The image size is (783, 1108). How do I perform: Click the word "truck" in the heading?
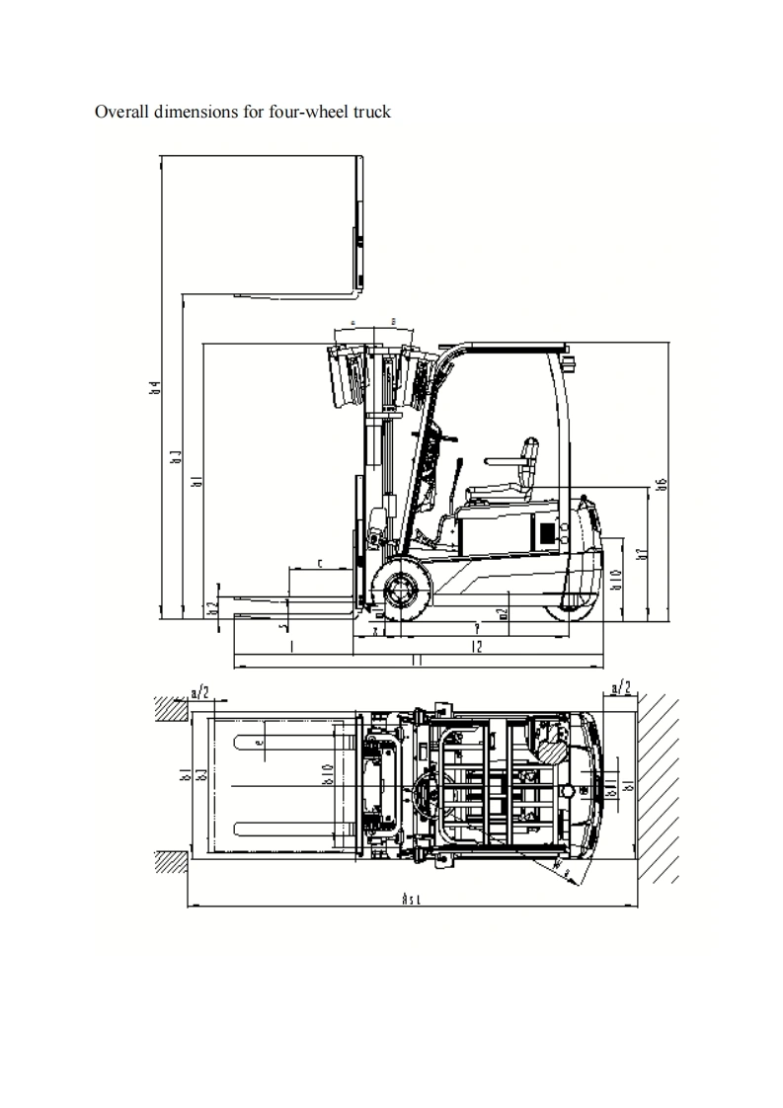pos(371,112)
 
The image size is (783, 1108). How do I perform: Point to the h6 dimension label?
pos(663,485)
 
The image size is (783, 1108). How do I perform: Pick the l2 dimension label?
pos(476,647)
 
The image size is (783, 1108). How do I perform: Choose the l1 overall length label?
pos(416,661)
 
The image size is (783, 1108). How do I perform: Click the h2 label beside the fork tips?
pos(211,607)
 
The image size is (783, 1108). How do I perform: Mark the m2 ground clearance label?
pos(504,613)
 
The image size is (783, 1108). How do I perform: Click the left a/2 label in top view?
pos(199,689)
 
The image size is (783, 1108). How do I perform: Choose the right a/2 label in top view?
pos(622,687)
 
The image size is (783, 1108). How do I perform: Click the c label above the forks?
pos(321,563)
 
